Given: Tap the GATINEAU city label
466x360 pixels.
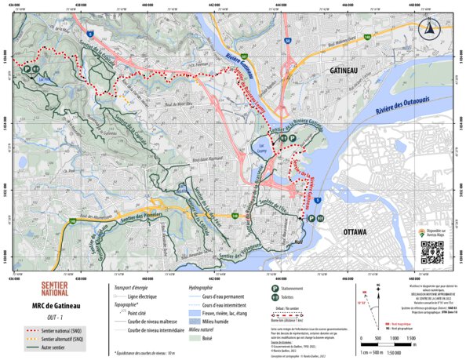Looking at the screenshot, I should click(x=339, y=71).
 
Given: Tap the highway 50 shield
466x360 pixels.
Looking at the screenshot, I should click(x=288, y=40).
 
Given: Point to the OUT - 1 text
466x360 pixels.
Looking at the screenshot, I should click(x=54, y=317).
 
